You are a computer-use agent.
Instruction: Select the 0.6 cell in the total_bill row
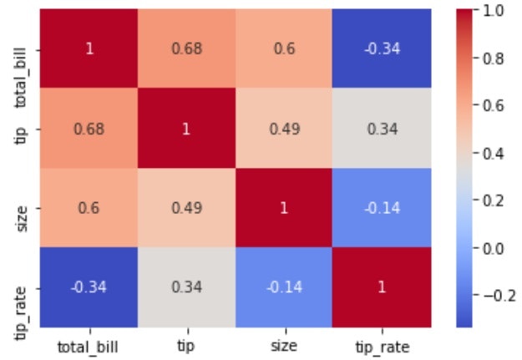click(283, 48)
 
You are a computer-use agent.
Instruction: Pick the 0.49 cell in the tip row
click(283, 128)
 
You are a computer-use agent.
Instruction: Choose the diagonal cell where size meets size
click(283, 207)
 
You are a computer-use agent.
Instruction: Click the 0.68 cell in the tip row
click(89, 128)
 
